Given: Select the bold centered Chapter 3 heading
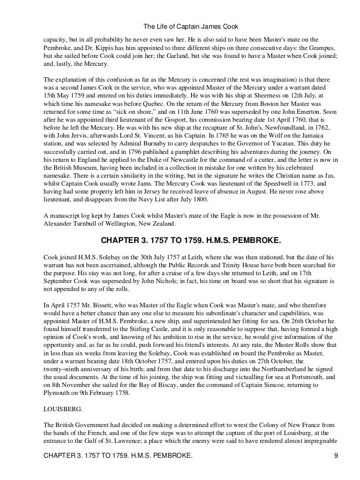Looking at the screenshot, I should (x=191, y=240).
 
